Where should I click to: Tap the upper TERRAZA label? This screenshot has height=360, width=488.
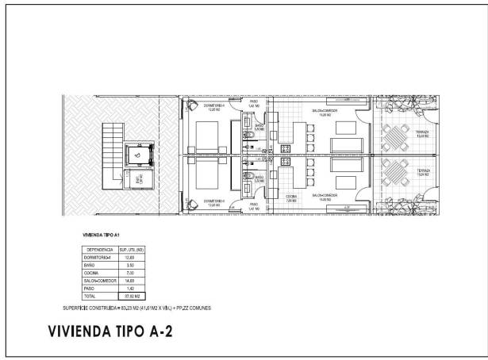pyautogui.click(x=400, y=132)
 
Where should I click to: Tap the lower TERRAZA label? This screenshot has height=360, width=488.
pyautogui.click(x=400, y=172)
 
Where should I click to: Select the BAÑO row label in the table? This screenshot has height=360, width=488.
pyautogui.click(x=90, y=265)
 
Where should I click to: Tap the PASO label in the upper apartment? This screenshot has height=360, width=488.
pyautogui.click(x=254, y=102)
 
